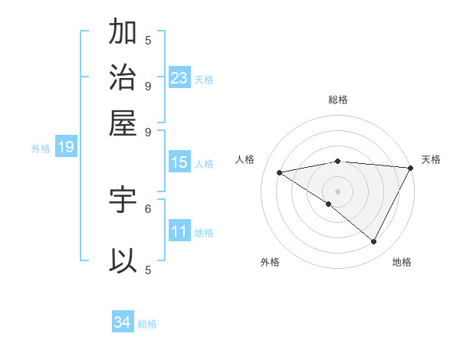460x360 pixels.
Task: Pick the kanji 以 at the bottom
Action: pos(123,260)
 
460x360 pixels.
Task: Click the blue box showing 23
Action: pos(179,78)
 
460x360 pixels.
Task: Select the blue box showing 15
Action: pos(179,162)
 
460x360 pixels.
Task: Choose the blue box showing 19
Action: pos(65,148)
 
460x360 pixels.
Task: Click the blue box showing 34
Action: pos(123,322)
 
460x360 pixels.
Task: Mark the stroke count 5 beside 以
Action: pos(148,269)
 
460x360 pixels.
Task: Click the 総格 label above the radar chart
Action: pos(338,100)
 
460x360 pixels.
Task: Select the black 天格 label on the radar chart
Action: pos(431,159)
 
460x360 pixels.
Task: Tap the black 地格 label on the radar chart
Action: pos(402,262)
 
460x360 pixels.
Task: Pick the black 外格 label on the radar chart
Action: pos(270,262)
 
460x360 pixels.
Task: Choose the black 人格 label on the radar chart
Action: pos(245,159)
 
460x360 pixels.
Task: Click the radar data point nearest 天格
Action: pos(411,168)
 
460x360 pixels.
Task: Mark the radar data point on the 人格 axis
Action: pos(280,172)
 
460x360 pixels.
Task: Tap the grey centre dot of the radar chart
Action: pos(338,191)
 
